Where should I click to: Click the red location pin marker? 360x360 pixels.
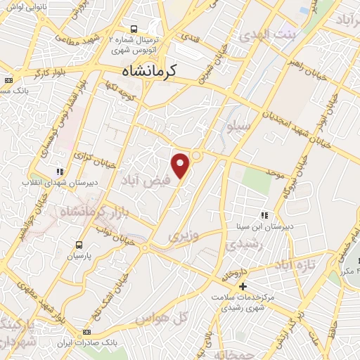181,165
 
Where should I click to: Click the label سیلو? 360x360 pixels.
237,127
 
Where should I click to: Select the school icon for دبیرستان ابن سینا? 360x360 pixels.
264,215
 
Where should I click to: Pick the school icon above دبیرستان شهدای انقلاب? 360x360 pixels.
60,171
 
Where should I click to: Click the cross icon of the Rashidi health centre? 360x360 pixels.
243,286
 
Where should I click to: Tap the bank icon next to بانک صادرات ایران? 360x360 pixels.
86,331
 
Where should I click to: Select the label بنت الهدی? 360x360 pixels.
269,34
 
